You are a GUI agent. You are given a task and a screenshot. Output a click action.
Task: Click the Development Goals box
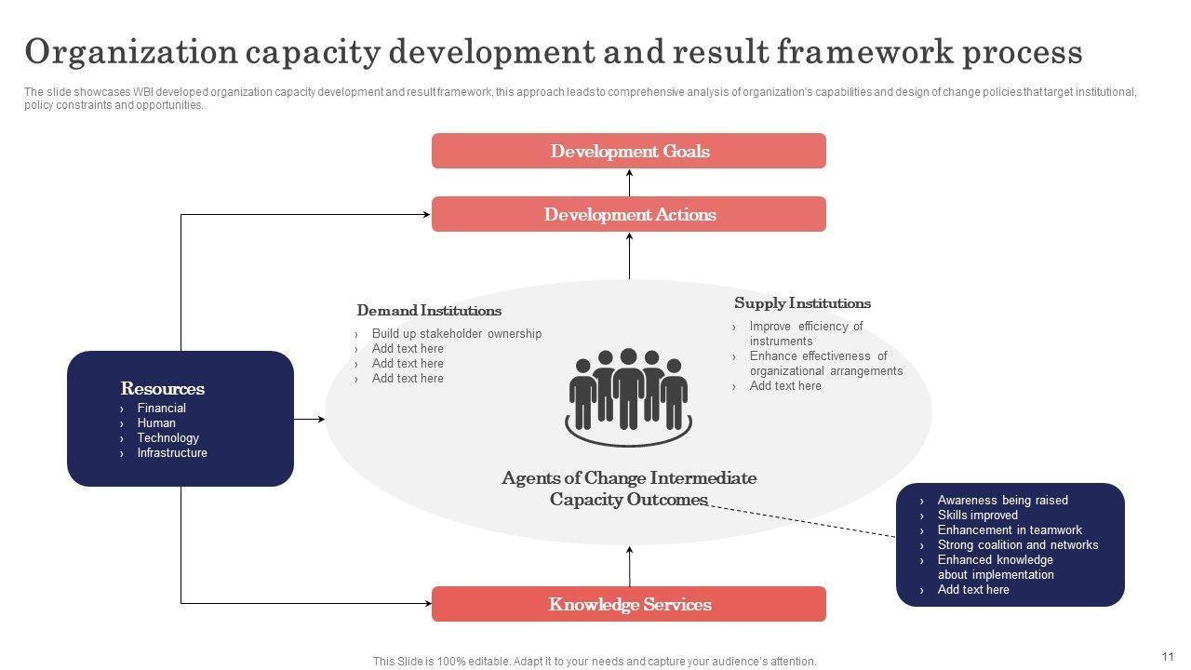(629, 151)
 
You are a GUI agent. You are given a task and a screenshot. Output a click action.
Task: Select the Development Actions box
(629, 214)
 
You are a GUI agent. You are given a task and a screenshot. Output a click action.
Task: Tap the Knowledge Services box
(629, 604)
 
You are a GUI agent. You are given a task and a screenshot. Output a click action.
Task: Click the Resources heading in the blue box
(163, 389)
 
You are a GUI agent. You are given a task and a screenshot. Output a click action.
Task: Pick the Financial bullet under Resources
(161, 409)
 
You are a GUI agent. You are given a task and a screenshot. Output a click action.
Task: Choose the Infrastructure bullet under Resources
(172, 453)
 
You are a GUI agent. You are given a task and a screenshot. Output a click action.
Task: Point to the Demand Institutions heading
(429, 311)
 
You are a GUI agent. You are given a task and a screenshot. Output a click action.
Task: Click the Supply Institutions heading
(802, 303)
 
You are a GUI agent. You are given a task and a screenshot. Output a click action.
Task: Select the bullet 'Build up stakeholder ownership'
(456, 334)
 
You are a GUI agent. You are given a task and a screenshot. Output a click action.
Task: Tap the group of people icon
(629, 395)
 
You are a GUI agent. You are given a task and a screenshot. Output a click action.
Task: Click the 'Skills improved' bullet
(977, 516)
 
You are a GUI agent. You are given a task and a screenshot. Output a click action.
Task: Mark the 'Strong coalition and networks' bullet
(1017, 545)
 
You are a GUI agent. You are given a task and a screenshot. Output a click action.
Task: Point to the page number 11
(1168, 656)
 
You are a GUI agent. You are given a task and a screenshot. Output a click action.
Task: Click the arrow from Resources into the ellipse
(310, 420)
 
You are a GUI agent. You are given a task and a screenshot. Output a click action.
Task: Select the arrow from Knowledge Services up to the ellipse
(630, 566)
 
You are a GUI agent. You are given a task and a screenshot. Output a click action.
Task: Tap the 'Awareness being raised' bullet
(1002, 501)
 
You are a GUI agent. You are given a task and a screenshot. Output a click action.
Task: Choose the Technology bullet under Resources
(167, 438)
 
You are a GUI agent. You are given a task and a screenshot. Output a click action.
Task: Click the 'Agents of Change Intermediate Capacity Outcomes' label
(629, 489)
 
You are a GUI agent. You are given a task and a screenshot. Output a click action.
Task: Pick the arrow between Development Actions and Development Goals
(630, 182)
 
